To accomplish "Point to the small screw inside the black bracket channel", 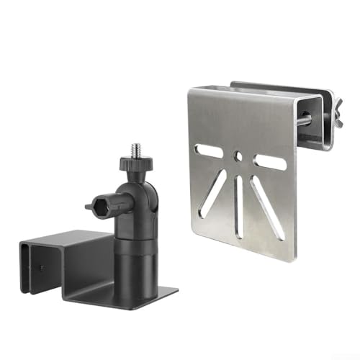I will coord(42,268).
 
